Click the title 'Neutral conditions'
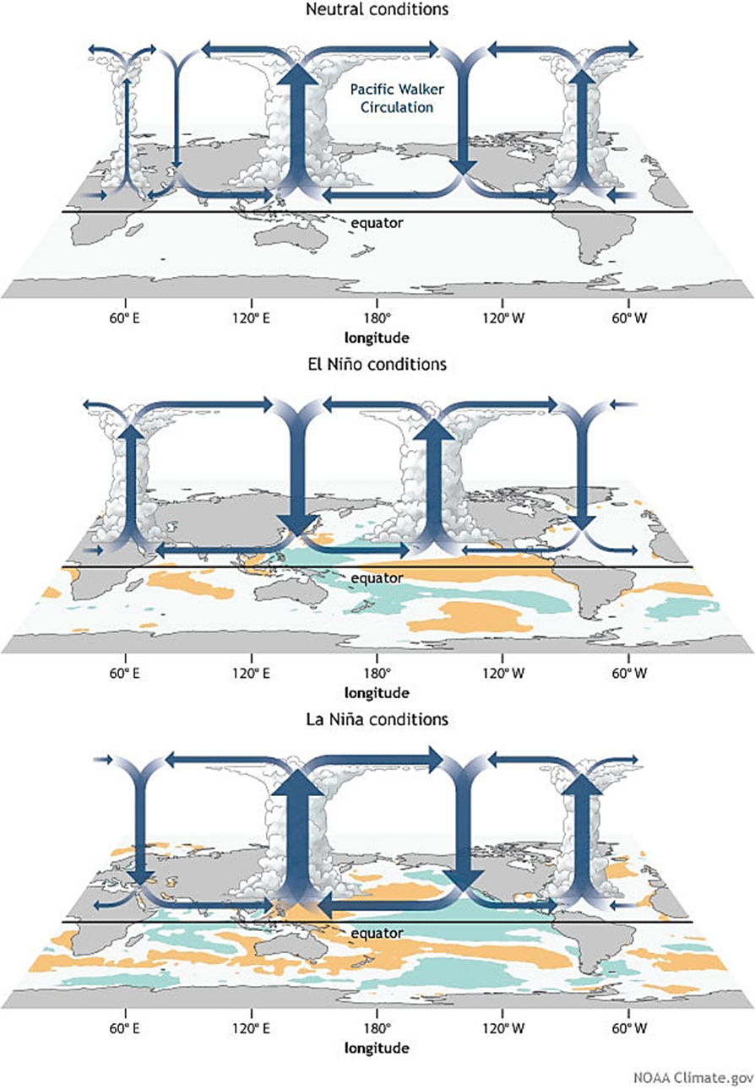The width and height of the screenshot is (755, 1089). (x=377, y=10)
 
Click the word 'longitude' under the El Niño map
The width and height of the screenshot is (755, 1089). (x=377, y=693)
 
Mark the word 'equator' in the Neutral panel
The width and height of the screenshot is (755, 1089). (x=377, y=223)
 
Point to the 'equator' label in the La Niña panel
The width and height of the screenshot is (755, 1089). (x=377, y=933)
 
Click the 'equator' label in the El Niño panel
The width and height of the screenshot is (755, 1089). (x=377, y=578)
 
